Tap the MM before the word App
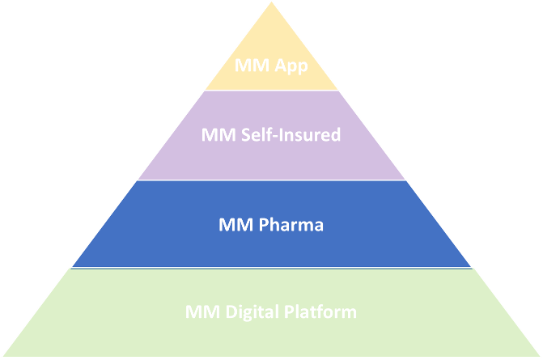[252, 65]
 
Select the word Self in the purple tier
[256, 134]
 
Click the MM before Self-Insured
[218, 134]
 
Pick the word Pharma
[291, 225]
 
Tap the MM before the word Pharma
[235, 225]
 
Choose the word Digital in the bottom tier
[252, 312]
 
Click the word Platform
[320, 311]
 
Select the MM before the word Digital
[202, 312]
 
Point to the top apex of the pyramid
[272, 2]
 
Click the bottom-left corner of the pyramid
[3, 356]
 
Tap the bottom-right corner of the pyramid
[540, 356]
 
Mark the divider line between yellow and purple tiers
[272, 91]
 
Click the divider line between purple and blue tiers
[272, 180]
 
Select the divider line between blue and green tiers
[272, 268]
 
